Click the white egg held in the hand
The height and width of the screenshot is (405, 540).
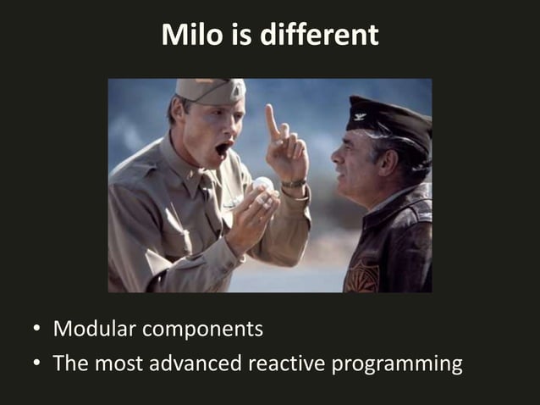[x=263, y=184]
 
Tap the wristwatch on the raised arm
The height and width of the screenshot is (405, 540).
[x=293, y=183]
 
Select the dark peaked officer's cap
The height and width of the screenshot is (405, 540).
[x=390, y=118]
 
